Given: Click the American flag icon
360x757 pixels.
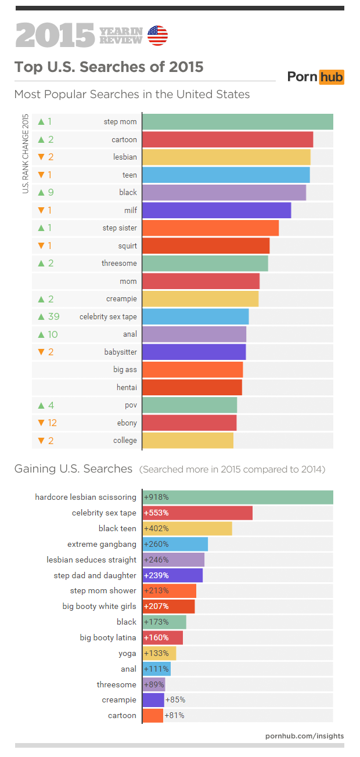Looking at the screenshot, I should coord(158,35).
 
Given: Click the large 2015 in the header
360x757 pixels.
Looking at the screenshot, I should coord(55,35).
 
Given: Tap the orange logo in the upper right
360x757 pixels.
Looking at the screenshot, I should coord(316,77).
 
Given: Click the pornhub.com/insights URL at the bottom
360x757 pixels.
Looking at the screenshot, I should coord(304,736).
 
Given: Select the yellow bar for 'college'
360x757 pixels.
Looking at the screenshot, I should coord(188,441).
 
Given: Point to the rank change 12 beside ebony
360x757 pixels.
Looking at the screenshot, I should coord(52,423).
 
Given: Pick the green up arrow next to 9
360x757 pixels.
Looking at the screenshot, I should coord(41,192).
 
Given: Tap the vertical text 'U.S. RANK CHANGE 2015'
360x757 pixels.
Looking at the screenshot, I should coord(26,154).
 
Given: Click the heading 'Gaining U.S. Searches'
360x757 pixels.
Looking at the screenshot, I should coord(73,468).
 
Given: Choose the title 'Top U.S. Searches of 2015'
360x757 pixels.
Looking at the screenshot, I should coord(109,67).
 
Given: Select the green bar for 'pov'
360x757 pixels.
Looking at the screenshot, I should coord(189,405).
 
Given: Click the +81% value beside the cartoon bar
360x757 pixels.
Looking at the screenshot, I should coord(175,715).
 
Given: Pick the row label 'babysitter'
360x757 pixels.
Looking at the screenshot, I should coord(121,352).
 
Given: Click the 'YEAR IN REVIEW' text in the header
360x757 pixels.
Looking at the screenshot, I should coord(121,35).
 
